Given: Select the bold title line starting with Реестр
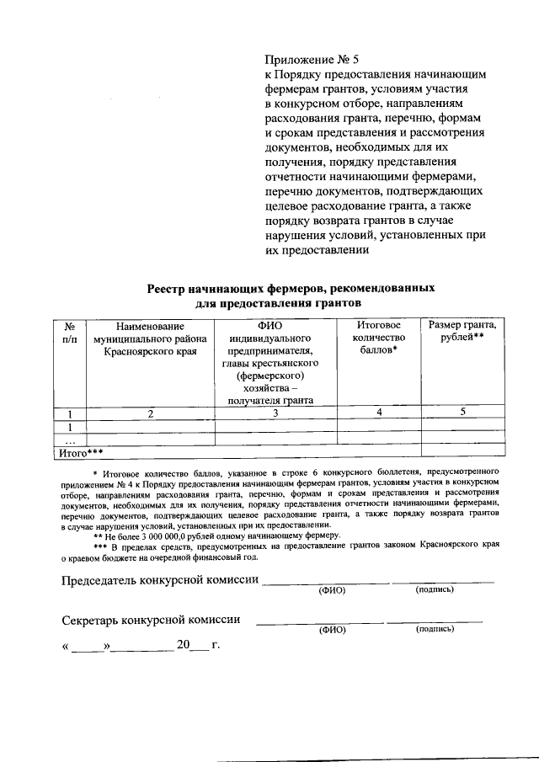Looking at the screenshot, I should (x=291, y=287).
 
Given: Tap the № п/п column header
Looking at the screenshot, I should (x=71, y=332).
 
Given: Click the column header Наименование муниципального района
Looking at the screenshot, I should (x=150, y=338).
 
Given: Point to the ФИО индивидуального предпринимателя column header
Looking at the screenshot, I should (x=275, y=362).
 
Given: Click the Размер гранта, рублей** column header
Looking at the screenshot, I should (x=462, y=332).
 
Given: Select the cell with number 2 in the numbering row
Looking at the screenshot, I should (x=150, y=413).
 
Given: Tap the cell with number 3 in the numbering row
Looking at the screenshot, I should (x=275, y=413).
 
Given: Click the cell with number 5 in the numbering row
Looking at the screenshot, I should (x=462, y=412).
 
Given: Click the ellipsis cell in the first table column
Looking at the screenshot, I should (x=71, y=440).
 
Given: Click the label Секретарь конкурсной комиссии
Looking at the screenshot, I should (x=152, y=620).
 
